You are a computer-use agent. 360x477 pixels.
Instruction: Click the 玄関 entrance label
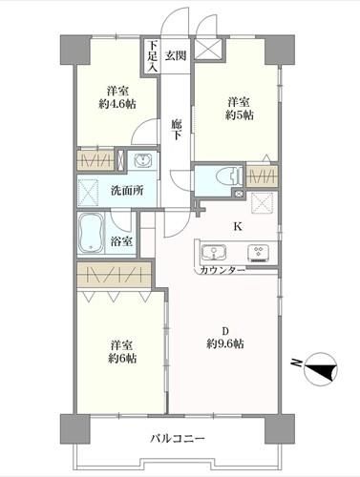point(176,56)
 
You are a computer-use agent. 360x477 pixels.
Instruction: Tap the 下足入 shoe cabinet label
point(152,56)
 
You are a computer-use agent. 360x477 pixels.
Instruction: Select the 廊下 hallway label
point(176,129)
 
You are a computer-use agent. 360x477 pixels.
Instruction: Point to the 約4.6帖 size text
point(117,104)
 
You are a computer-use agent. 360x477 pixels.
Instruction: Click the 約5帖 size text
point(240,115)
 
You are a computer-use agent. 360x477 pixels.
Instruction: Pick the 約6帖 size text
point(122,359)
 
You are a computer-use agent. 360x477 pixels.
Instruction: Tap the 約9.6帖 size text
point(225,343)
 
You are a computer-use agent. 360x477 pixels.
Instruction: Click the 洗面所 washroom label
point(127,190)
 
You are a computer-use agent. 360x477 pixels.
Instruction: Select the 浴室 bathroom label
point(121,241)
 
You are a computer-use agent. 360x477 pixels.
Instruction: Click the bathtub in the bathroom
point(91,233)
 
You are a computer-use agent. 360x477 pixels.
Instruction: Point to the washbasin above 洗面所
point(143,160)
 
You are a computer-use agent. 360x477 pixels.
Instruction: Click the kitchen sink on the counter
point(214,253)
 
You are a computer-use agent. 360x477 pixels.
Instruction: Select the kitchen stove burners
point(259,253)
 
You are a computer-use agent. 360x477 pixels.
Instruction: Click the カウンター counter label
point(222,270)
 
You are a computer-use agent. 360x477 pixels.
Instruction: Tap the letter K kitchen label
point(238,226)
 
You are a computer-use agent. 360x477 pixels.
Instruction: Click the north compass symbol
point(321,368)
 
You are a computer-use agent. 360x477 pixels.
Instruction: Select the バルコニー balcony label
point(178,439)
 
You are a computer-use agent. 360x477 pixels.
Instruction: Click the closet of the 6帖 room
point(115,275)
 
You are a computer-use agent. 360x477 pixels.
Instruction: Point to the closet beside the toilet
point(262,176)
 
